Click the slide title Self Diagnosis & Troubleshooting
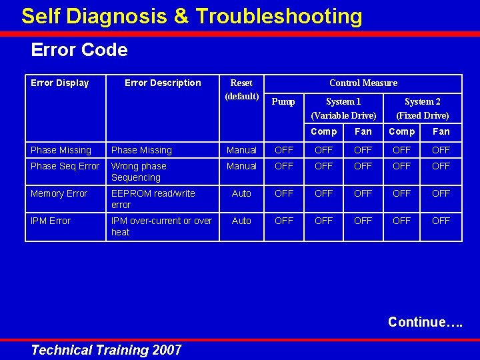191,17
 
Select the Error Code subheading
79,50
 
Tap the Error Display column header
60,83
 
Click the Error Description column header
163,83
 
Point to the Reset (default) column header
241,89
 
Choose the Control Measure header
363,83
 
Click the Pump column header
284,102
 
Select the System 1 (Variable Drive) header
343,108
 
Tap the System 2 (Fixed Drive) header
423,108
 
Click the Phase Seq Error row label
65,166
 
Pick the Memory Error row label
59,193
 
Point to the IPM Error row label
51,221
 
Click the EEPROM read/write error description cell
153,199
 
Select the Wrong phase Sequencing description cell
139,171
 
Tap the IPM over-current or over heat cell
161,226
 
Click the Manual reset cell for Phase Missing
241,150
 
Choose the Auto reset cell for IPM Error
241,221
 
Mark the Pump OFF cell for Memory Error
284,193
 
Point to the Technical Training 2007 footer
106,350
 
